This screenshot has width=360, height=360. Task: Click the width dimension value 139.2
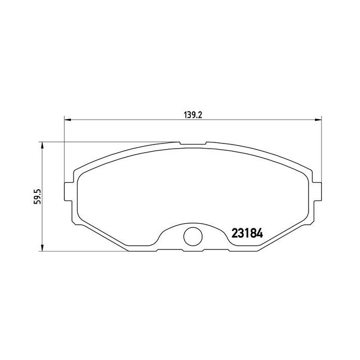(x=193, y=115)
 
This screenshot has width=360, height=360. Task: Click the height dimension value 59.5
(x=38, y=196)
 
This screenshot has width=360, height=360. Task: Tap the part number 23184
(x=247, y=233)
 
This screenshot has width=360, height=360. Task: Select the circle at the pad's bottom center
(x=193, y=236)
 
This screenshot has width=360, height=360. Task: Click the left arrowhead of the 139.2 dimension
(x=68, y=120)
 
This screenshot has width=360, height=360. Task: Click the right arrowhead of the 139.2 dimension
(x=318, y=120)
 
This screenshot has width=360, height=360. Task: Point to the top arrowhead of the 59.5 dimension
(x=42, y=146)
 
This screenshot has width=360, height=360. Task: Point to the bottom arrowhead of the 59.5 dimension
(x=42, y=247)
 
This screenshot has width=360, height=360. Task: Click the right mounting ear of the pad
(x=317, y=191)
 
